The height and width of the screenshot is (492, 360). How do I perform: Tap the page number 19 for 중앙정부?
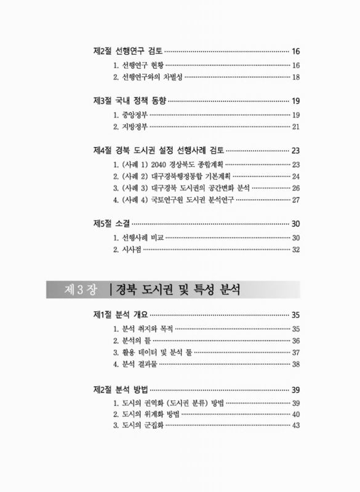pyautogui.click(x=295, y=115)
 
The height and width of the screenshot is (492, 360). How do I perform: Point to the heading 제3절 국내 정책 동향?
pyautogui.click(x=129, y=101)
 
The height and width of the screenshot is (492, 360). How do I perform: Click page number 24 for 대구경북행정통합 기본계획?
pyautogui.click(x=295, y=177)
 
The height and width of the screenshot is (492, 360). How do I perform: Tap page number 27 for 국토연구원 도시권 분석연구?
pyautogui.click(x=295, y=200)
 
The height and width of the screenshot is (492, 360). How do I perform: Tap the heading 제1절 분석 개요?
pyautogui.click(x=120, y=315)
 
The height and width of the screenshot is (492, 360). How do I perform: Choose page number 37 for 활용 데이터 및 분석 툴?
pyautogui.click(x=295, y=352)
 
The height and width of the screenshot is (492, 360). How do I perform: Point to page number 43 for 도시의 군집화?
pyautogui.click(x=295, y=426)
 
